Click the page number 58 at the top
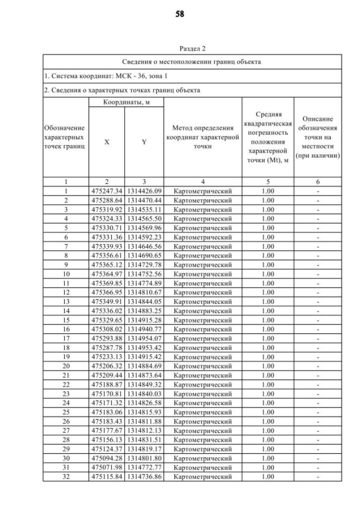[x=180, y=13]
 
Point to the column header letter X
[x=107, y=142]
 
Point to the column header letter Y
[x=144, y=142]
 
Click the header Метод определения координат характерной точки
[x=202, y=138]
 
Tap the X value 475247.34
[x=107, y=191]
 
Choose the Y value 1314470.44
[x=144, y=200]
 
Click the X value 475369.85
[x=107, y=283]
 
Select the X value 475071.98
[x=107, y=467]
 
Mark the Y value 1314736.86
[x=144, y=476]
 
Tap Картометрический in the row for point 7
[x=202, y=246]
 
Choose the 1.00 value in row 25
[x=268, y=412]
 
